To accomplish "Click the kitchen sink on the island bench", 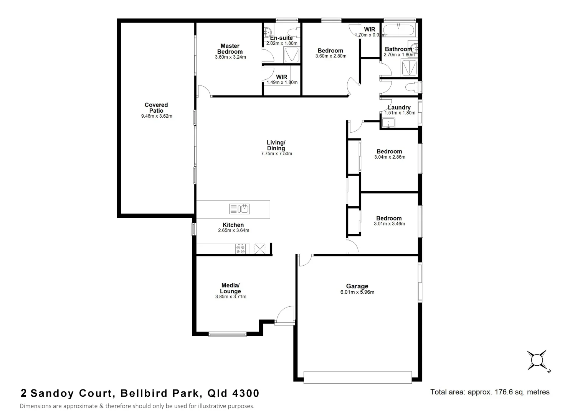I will tap(240, 209).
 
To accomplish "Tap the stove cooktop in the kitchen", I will tap(240, 250).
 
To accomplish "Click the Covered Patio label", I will tap(156, 108).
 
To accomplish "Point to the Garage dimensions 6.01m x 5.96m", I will tap(357, 292).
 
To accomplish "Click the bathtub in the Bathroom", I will tap(399, 30).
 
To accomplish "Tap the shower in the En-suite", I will tap(291, 55).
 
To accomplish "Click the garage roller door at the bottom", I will tap(357, 377).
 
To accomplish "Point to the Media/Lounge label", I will tap(230, 288).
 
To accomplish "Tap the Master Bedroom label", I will tap(230, 49).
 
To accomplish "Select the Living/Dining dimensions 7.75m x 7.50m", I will tap(276, 154).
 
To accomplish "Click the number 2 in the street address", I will tap(24, 393).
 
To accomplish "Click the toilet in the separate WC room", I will tap(410, 87).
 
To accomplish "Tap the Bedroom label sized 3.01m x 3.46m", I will tap(389, 218).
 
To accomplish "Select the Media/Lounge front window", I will tap(228, 334).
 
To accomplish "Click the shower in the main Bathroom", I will tap(409, 67).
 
